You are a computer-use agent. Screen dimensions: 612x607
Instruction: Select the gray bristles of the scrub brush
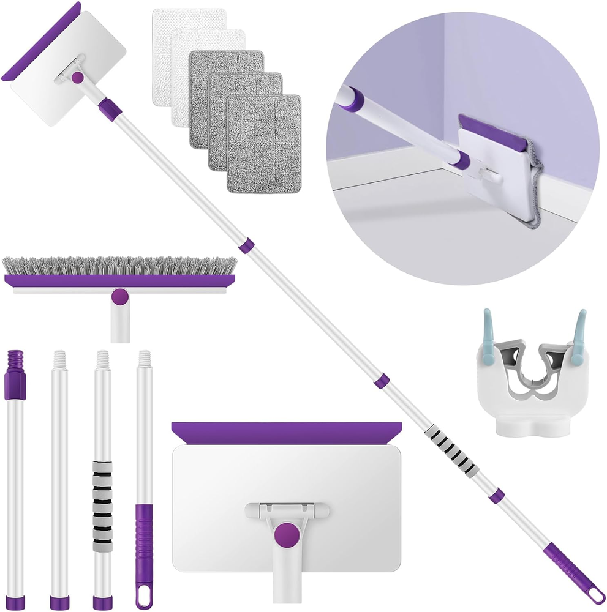[x=119, y=266]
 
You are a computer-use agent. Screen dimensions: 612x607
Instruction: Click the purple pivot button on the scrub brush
[x=121, y=297]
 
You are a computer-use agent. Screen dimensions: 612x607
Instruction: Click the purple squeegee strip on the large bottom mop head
[x=286, y=432]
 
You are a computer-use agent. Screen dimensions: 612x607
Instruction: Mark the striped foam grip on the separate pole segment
[x=102, y=498]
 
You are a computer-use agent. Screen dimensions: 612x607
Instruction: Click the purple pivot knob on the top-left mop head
[x=78, y=78]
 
